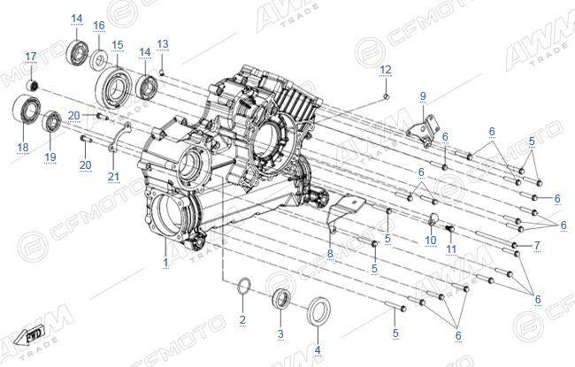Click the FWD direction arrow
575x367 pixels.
[29, 335]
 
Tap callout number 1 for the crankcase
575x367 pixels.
[165, 262]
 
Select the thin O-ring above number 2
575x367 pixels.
[244, 286]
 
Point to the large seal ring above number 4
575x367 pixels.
[318, 311]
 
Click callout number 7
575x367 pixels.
[537, 245]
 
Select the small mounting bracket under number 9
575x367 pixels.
[423, 131]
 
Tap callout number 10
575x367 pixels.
[431, 241]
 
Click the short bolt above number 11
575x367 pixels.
[450, 228]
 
